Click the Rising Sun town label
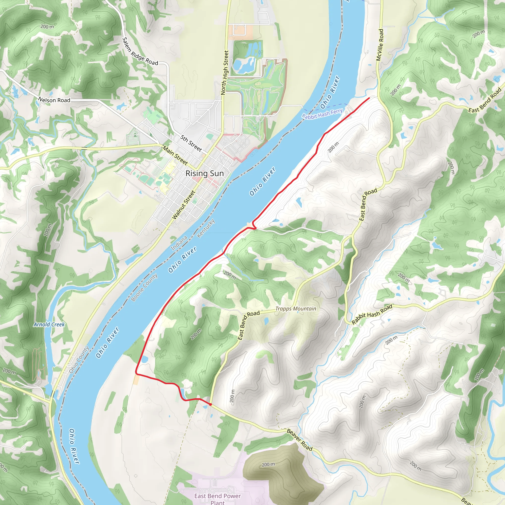point(204,174)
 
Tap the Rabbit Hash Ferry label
point(322,114)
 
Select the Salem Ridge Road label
point(140,52)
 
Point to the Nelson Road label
point(54,100)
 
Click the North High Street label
point(225,72)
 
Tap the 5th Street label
point(191,143)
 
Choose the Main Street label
point(175,155)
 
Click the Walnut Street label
point(184,205)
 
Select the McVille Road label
point(380,45)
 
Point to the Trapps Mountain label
point(296,309)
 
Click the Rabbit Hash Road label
point(372,314)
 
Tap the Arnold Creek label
point(49,325)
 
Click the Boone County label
point(144,287)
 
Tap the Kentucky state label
point(206,228)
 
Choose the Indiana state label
point(179,243)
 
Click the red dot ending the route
point(210,404)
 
